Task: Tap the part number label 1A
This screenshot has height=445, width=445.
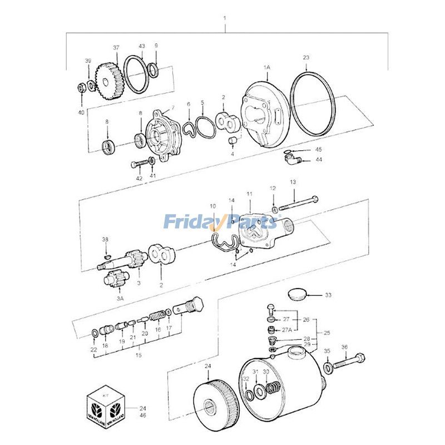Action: pos(266,67)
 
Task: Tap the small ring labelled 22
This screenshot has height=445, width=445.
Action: pos(95,333)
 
